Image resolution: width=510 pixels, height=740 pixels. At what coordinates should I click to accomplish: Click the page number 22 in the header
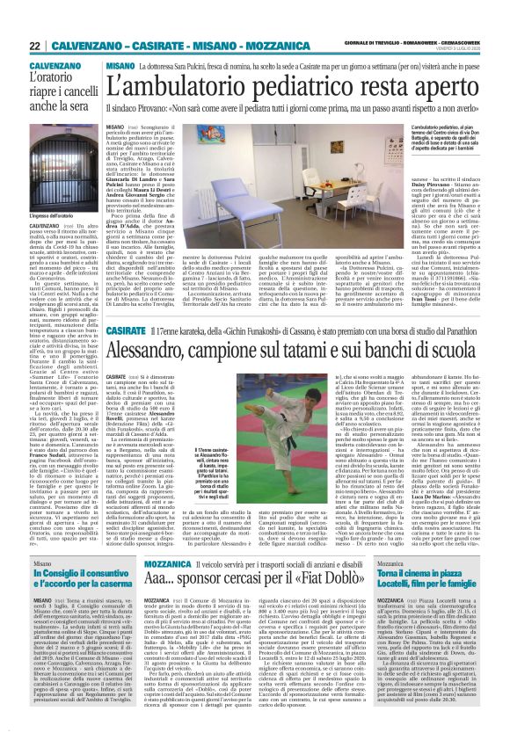click(x=34, y=46)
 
